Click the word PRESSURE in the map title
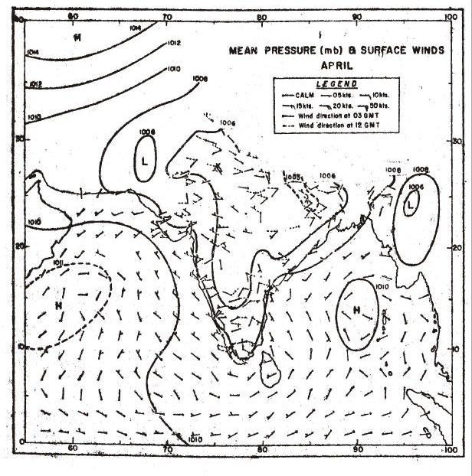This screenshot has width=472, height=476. pos(290,52)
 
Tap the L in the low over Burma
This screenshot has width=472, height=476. pos(411,204)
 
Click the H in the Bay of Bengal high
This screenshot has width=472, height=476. pos(356,310)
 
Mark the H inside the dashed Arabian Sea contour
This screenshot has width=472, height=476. pos(58,305)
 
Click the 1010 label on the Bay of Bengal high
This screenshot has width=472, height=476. pos(383,286)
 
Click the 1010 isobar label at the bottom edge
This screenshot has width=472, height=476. pos(195,440)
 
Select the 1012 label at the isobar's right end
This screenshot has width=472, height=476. pos(173,43)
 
